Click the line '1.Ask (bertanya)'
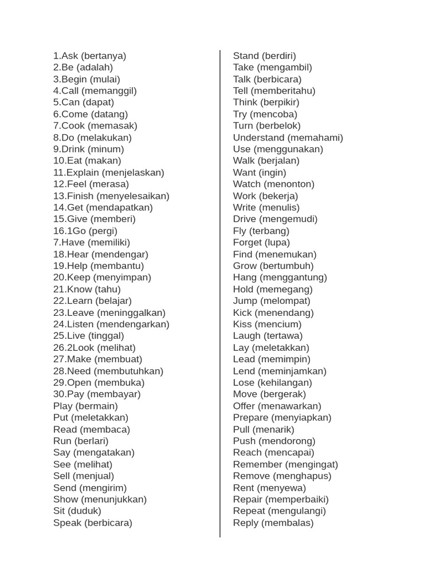pos(89,56)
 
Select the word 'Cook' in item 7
pos(74,126)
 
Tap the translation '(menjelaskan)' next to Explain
pos(133,173)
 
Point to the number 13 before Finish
pos(58,196)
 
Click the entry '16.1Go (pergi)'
pos(85,231)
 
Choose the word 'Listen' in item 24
pos(80,324)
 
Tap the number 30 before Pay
pos(58,394)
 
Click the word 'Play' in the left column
pos(63,406)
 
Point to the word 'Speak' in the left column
pos(67,523)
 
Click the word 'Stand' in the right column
pos(246,56)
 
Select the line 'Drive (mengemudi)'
pos(275,219)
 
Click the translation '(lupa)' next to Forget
pos(277,242)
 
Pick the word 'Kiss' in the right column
pos(242,324)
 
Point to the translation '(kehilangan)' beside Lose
pos(285,382)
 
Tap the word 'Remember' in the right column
pos(257,464)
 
